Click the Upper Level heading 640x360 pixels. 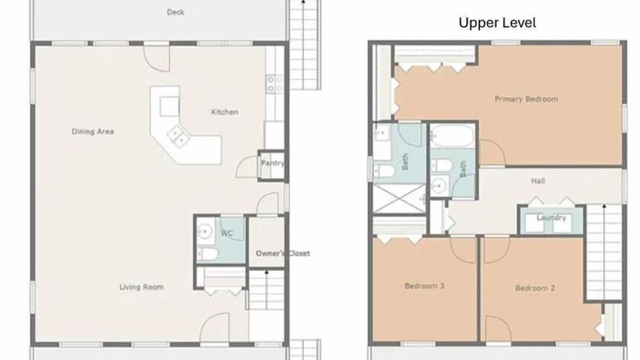(497, 23)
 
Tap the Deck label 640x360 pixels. (175, 12)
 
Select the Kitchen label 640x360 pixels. (224, 112)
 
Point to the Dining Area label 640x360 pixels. (92, 131)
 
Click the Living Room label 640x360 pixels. (141, 287)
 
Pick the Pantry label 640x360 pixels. (272, 163)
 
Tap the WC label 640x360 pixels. (227, 233)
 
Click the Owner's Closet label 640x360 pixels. (283, 253)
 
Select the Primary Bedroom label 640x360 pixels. (526, 99)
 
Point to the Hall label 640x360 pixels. (538, 181)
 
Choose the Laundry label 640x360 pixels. (551, 217)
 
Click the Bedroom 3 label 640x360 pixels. (424, 286)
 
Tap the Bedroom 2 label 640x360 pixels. (535, 288)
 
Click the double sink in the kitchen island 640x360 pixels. (178, 137)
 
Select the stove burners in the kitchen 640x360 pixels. (274, 84)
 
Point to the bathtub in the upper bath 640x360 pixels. (452, 136)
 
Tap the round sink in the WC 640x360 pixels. (205, 231)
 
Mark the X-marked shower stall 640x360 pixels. (399, 198)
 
